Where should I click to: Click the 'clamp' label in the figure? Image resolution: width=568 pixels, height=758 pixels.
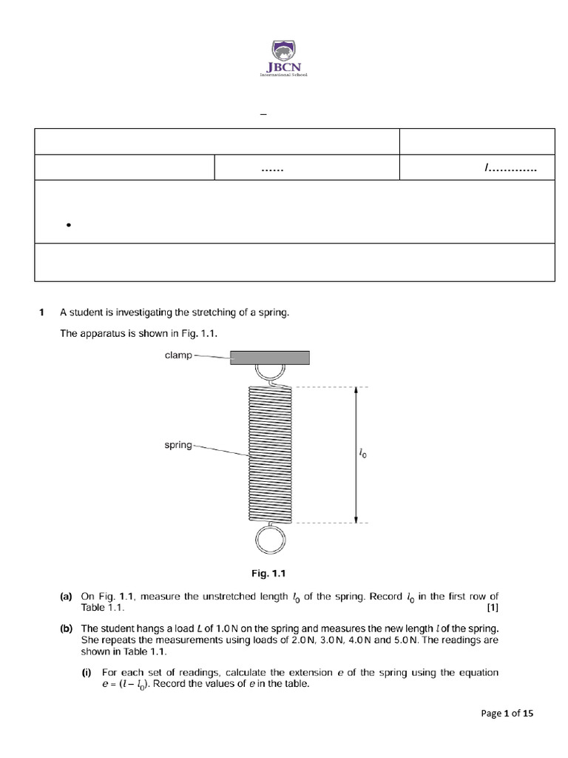177,355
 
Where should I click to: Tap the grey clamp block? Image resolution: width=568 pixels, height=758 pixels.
270,358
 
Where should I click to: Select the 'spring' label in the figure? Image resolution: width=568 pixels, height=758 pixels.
177,445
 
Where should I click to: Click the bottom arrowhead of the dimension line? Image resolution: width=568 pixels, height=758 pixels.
356,519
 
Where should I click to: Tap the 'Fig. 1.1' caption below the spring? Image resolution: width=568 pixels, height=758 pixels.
269,572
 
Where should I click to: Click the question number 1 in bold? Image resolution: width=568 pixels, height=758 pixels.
41,313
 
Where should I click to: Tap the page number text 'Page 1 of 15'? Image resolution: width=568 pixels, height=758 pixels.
507,714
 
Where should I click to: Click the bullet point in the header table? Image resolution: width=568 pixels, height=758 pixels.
68,226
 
